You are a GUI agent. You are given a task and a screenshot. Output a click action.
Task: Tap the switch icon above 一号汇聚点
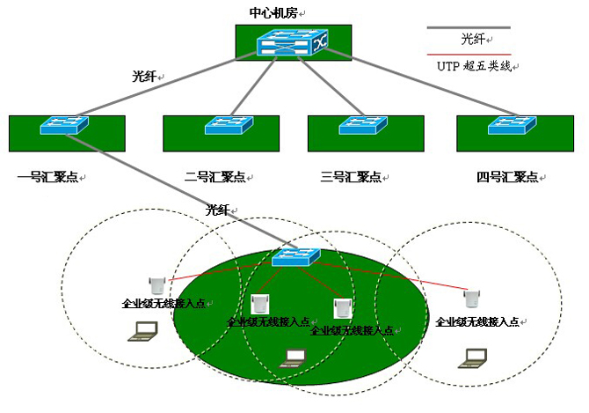pyautogui.click(x=64, y=125)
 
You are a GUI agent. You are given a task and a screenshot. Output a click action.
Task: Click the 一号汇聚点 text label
pyautogui.click(x=48, y=177)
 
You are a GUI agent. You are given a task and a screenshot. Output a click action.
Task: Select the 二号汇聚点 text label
pyautogui.click(x=215, y=177)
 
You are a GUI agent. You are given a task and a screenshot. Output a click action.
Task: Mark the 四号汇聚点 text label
pyautogui.click(x=507, y=177)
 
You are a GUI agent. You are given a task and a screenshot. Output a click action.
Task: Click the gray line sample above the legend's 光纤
pyautogui.click(x=468, y=28)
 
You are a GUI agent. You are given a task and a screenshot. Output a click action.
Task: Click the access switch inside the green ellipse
pyautogui.click(x=296, y=256)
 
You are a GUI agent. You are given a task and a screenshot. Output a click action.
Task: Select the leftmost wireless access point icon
pyautogui.click(x=158, y=284)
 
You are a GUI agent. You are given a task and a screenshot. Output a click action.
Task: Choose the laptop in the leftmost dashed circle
pyautogui.click(x=143, y=331)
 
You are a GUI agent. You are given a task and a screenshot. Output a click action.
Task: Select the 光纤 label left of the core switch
pyautogui.click(x=143, y=77)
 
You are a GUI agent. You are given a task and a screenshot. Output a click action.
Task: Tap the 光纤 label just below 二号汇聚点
pyautogui.click(x=217, y=210)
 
